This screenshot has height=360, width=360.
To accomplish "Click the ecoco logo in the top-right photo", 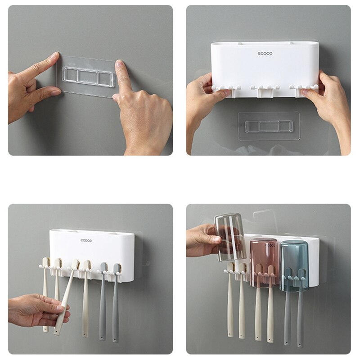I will click(x=265, y=53).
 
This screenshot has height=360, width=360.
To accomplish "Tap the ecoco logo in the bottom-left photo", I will click(x=86, y=240).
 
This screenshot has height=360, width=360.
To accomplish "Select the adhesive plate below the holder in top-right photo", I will click(x=269, y=126).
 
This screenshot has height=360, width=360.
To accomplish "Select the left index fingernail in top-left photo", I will click(x=54, y=56).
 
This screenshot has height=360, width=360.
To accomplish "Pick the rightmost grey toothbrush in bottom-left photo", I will click(x=116, y=306).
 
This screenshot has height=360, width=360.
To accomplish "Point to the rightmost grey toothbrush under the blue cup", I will click(x=300, y=315).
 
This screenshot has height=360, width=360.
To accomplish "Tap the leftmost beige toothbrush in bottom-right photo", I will click(x=230, y=306).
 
